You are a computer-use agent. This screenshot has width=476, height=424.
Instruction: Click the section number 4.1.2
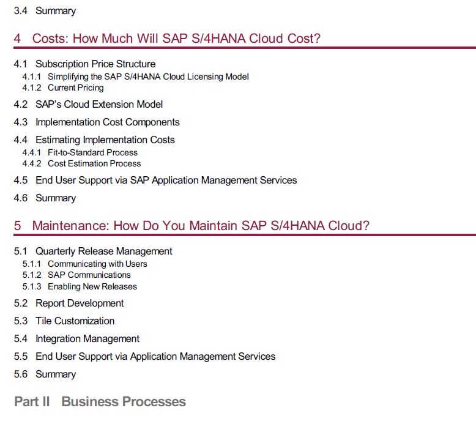pos(32,87)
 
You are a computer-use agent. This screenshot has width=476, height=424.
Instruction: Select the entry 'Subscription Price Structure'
pos(95,64)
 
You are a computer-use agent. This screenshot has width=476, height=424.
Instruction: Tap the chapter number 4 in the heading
pos(17,39)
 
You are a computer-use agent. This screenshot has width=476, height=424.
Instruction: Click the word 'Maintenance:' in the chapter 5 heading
pos(70,226)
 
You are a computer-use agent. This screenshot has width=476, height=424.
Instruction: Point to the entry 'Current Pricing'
pos(76,88)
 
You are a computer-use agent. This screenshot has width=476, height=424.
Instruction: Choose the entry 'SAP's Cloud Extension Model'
pos(99,105)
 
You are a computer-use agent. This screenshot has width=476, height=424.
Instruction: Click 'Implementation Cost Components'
pos(108,122)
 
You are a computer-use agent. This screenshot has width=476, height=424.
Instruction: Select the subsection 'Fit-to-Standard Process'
pos(92,152)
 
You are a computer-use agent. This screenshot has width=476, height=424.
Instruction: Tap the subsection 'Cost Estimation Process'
pos(94,163)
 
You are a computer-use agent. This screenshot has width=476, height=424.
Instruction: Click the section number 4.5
pos(21,180)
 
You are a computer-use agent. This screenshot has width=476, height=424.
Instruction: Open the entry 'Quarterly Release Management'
pos(104,251)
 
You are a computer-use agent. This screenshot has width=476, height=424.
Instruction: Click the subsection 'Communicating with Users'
pos(97,264)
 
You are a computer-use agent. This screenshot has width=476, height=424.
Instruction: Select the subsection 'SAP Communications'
pos(89,275)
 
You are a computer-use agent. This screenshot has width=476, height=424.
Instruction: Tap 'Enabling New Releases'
pos(92,286)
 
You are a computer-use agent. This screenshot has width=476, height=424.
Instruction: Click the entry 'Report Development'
pos(80,303)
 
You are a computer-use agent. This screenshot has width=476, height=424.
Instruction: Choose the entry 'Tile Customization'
pos(75,321)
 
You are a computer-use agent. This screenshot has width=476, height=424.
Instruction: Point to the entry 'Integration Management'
pos(87,339)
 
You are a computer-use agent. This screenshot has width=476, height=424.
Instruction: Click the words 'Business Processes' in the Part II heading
pos(124,401)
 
